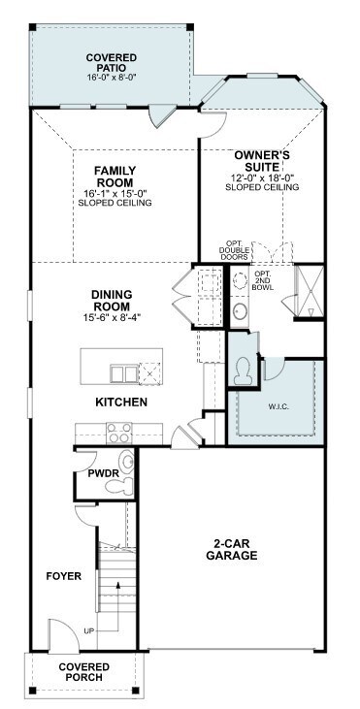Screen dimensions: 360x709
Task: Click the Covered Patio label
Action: [112, 62]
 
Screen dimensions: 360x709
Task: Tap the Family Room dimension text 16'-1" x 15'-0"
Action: [115, 194]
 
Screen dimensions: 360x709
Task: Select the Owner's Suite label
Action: [262, 161]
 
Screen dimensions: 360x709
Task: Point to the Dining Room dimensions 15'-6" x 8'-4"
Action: [112, 317]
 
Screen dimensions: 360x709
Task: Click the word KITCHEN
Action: [121, 402]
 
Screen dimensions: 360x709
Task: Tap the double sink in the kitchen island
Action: [124, 374]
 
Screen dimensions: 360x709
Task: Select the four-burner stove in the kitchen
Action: [119, 434]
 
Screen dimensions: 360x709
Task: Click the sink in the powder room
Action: [126, 463]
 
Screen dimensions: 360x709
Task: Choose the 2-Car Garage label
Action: [232, 549]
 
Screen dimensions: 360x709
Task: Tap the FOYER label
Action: [64, 576]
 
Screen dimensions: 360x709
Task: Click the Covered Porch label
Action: [84, 672]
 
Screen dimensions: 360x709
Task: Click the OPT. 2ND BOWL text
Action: [263, 280]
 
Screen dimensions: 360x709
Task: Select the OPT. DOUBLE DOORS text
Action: [234, 250]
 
